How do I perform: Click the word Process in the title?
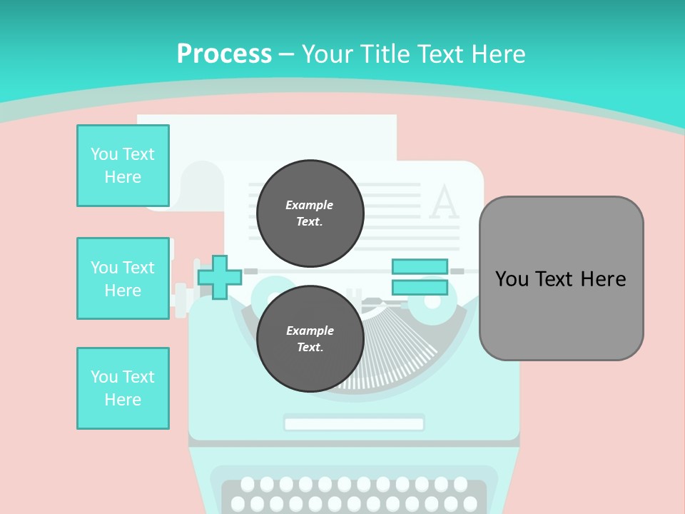click(224, 54)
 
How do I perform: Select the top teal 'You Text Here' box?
click(123, 166)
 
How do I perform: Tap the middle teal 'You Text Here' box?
click(123, 278)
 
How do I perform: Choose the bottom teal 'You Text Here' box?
click(123, 388)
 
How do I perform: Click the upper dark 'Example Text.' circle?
click(310, 213)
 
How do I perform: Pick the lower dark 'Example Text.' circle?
click(310, 339)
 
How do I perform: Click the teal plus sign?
click(219, 277)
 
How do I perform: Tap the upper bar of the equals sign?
click(420, 266)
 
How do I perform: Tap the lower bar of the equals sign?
click(420, 288)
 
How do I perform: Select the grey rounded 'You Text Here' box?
click(561, 278)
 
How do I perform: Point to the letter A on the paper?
click(444, 203)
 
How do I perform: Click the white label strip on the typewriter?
click(354, 423)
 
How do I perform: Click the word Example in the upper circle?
click(310, 205)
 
